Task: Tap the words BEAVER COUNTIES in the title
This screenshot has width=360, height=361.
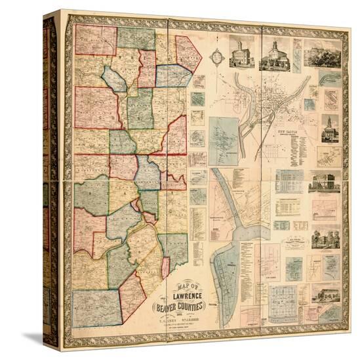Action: [x=179, y=307]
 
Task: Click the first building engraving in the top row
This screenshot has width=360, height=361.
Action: [x=242, y=52]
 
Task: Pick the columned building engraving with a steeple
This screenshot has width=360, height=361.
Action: [x=275, y=54]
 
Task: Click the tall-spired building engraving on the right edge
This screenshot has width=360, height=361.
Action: [x=330, y=128]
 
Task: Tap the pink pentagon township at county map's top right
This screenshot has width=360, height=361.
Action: [x=188, y=53]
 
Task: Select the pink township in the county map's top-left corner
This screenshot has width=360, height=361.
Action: [x=96, y=39]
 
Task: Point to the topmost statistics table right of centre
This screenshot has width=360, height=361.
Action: [x=289, y=180]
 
